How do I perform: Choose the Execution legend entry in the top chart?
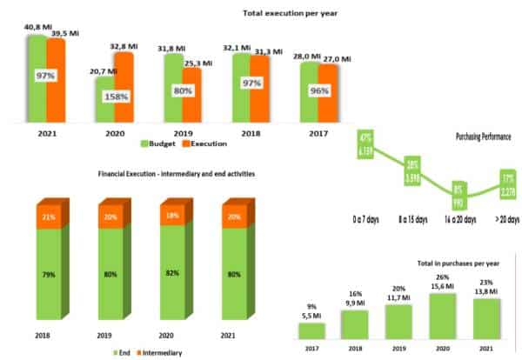(209, 143)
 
